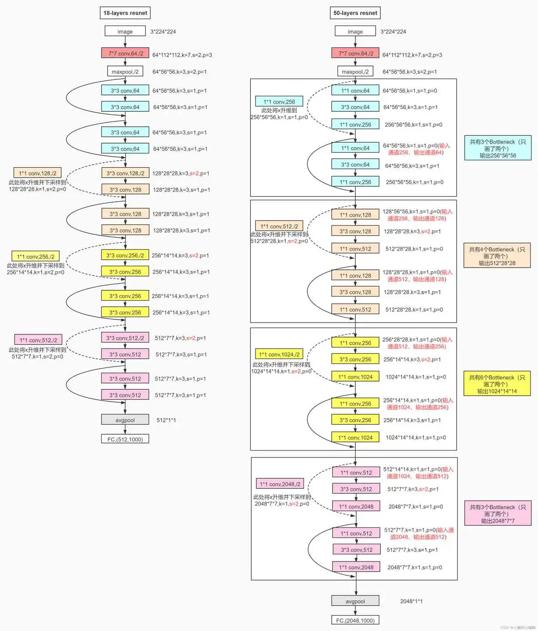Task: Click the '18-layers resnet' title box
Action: click(x=125, y=13)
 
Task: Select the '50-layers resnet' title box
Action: click(x=355, y=13)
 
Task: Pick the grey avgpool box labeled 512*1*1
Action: click(x=125, y=420)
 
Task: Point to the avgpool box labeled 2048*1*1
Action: click(x=355, y=601)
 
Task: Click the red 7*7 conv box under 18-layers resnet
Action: click(x=125, y=53)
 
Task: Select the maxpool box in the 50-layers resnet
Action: click(x=355, y=71)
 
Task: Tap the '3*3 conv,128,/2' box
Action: click(x=125, y=173)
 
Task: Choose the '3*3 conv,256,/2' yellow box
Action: click(x=125, y=255)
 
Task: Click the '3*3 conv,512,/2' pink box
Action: click(x=125, y=338)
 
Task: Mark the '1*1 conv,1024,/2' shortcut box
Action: click(x=279, y=354)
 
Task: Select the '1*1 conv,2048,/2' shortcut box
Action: click(x=280, y=484)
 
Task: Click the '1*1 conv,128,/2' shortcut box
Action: click(x=38, y=173)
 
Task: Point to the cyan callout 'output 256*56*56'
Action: click(x=498, y=148)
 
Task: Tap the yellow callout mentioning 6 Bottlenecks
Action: click(x=497, y=384)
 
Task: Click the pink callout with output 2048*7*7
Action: click(x=498, y=513)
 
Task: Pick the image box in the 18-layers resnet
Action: click(x=125, y=31)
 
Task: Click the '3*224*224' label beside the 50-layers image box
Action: click(x=393, y=31)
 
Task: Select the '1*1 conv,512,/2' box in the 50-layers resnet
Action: click(x=279, y=226)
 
